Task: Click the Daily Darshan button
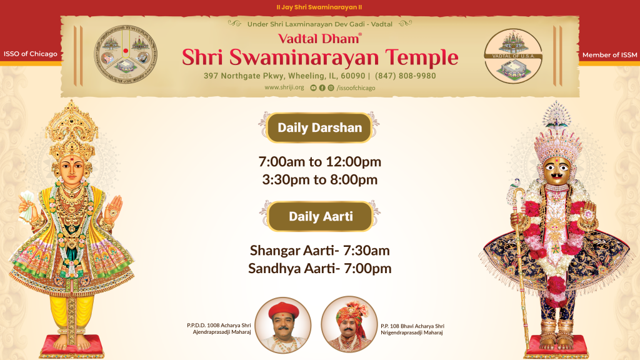pyautogui.click(x=319, y=128)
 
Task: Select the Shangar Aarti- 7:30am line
pyautogui.click(x=319, y=251)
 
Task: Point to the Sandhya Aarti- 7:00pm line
pyautogui.click(x=319, y=269)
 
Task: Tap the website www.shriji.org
pyautogui.click(x=284, y=87)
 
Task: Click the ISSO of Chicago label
pyautogui.click(x=30, y=54)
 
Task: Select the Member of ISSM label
pyautogui.click(x=609, y=55)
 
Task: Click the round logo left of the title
pyautogui.click(x=126, y=56)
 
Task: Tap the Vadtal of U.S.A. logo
pyautogui.click(x=514, y=56)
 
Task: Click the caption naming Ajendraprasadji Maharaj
pyautogui.click(x=218, y=329)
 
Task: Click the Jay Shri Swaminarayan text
pyautogui.click(x=319, y=7)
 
